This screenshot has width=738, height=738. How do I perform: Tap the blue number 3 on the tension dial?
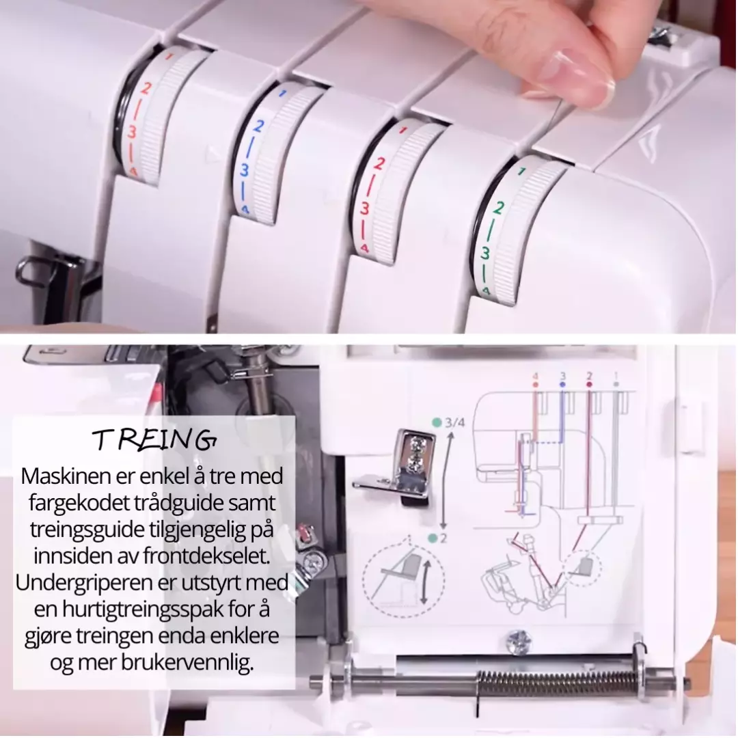244,170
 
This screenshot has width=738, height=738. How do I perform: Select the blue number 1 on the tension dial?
282,93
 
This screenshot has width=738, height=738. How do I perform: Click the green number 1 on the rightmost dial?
521,172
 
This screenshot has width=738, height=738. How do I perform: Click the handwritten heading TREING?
154,440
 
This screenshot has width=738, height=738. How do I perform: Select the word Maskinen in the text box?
75,476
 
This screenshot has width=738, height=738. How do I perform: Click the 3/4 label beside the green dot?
454,422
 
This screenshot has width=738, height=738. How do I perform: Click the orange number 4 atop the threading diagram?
535,377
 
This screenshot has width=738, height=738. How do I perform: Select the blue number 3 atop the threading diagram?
562,376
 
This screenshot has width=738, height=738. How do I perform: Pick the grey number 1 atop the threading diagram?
616,376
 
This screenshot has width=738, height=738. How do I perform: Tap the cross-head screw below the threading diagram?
519,641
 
